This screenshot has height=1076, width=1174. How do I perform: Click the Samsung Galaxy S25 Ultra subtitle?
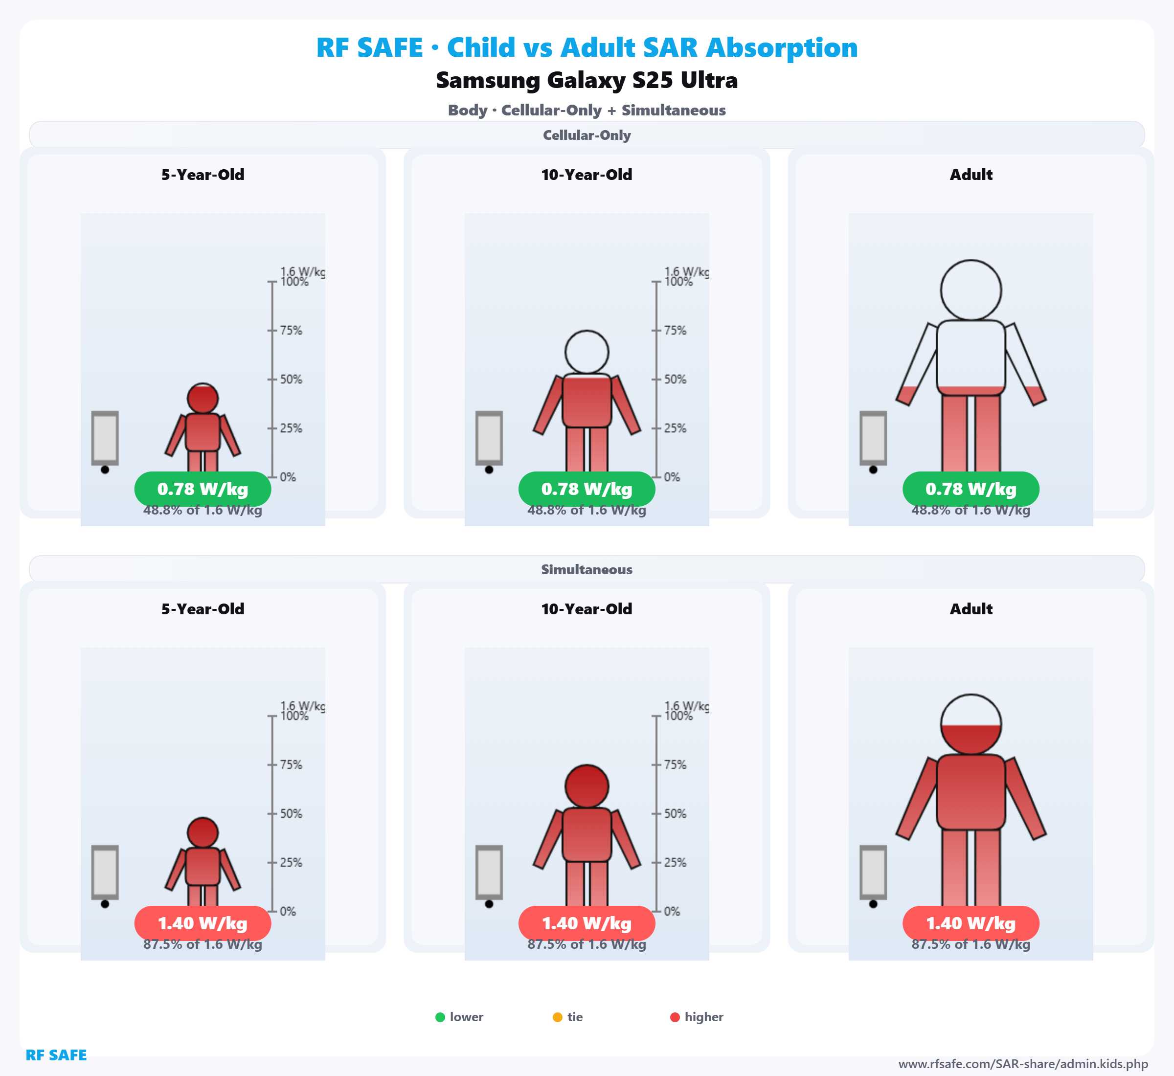(x=587, y=80)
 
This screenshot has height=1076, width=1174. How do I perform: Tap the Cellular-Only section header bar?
(x=587, y=135)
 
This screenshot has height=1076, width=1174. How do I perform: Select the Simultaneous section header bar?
(x=587, y=569)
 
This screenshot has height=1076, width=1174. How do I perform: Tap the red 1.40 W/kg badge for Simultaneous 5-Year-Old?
(x=203, y=923)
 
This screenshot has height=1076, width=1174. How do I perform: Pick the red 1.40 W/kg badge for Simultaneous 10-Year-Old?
(x=587, y=923)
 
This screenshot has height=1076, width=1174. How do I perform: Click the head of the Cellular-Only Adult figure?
(x=971, y=290)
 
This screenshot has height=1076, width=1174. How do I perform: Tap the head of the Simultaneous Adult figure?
(x=971, y=724)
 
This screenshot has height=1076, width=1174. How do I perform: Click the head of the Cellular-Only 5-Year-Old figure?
(x=203, y=399)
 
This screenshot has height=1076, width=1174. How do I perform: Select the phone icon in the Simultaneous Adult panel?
(x=873, y=873)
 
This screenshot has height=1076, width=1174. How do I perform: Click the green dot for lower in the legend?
(x=440, y=1017)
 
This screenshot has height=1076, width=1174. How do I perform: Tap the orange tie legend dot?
(x=557, y=1017)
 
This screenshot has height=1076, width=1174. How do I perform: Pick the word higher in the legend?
(x=703, y=1017)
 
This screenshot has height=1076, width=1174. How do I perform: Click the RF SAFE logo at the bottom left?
(x=56, y=1055)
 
